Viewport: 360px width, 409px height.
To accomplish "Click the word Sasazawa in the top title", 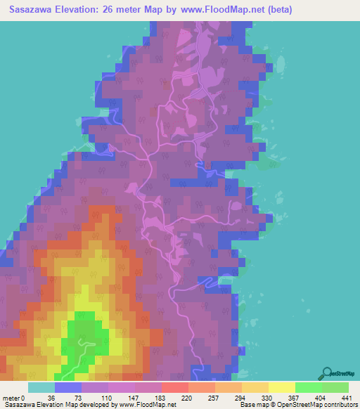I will pos(34,10).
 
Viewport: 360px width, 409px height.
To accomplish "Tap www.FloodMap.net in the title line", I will pos(214,10).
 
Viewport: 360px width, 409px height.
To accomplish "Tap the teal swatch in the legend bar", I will pos(41,387).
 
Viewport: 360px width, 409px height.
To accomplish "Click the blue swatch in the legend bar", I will pos(67,387).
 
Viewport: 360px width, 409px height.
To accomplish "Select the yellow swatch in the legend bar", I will pos(281,387).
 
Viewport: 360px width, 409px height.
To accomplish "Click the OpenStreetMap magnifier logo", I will pos(328,372).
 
